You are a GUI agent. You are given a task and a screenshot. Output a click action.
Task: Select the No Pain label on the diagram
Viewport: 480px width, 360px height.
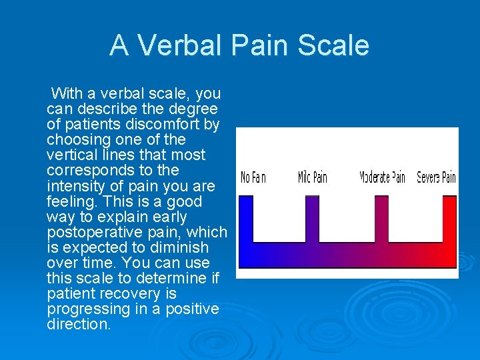point(253,178)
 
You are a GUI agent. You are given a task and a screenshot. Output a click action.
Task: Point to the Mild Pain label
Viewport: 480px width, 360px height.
point(313,178)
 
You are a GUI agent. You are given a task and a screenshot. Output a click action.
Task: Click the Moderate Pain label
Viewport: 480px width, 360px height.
point(383,178)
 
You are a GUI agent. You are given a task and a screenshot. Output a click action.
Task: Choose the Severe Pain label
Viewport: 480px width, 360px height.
point(437,178)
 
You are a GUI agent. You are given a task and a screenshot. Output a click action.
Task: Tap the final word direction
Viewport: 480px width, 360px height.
point(78,325)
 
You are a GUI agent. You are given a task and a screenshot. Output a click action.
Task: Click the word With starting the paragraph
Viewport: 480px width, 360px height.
point(66,93)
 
